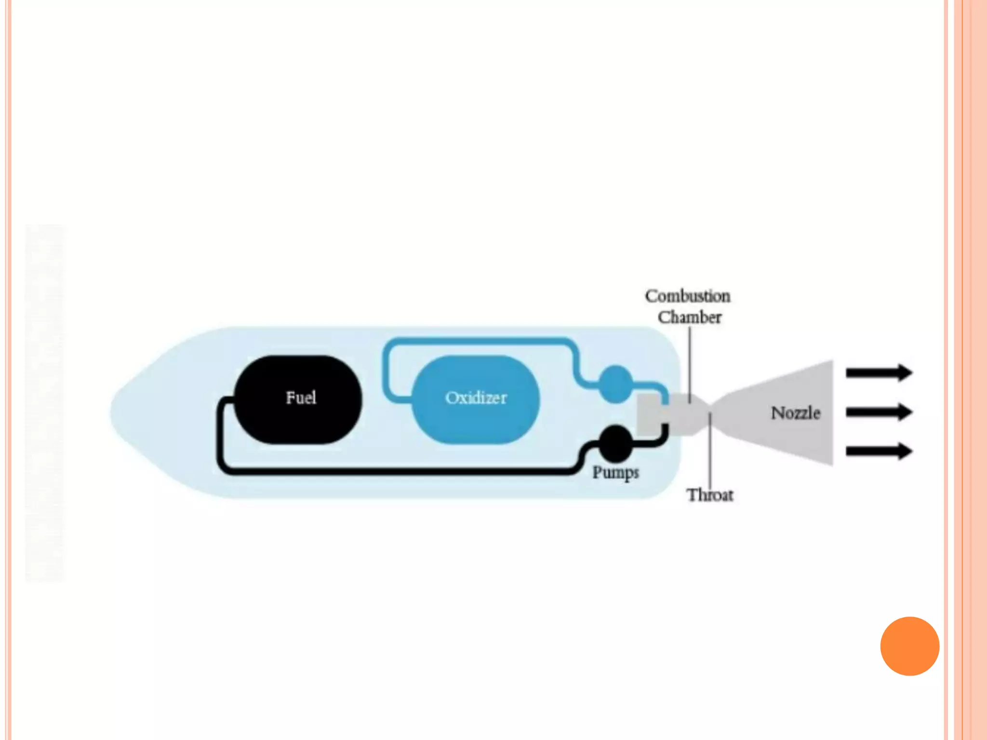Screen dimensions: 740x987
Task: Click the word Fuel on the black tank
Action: click(301, 398)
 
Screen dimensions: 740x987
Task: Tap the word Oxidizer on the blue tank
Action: click(476, 398)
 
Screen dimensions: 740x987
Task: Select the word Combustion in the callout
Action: click(688, 296)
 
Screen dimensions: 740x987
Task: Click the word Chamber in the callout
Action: click(690, 317)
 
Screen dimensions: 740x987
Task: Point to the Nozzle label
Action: click(795, 413)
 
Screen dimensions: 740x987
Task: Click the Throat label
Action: click(710, 495)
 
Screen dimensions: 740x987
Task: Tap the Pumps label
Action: click(615, 473)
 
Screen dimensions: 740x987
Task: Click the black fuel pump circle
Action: click(615, 443)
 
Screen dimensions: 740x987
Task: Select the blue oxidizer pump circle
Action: click(615, 384)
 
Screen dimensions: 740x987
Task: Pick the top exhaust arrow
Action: click(879, 373)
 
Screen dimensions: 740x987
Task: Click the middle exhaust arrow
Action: click(879, 412)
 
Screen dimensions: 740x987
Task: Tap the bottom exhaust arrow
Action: click(879, 451)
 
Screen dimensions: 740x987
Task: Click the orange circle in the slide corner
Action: click(909, 646)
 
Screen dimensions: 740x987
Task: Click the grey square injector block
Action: click(649, 414)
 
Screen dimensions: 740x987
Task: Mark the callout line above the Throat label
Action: click(710, 453)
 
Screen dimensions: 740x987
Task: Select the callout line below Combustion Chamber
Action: click(690, 361)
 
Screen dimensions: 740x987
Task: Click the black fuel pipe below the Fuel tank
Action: click(386, 470)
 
